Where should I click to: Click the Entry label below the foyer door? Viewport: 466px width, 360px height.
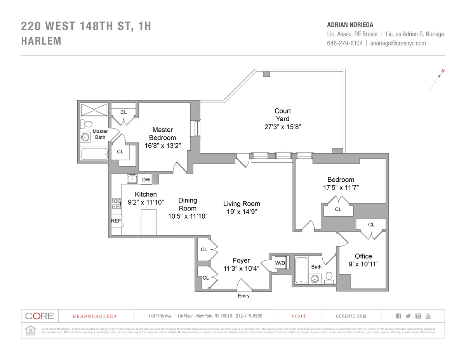(x=243, y=296)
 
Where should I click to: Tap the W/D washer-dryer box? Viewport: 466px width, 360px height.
(x=280, y=263)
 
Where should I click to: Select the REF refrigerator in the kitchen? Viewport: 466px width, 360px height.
(x=116, y=221)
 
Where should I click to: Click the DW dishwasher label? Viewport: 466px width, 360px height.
(x=146, y=179)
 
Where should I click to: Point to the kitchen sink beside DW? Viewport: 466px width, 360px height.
(x=132, y=179)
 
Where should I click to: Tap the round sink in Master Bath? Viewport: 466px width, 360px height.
(x=85, y=137)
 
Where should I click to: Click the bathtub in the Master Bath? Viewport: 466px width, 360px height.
(x=94, y=154)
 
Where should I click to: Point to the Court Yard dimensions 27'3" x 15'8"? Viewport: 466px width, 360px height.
(x=282, y=127)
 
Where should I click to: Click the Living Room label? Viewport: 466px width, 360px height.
(x=242, y=204)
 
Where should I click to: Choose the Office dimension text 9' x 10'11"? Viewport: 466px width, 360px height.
(x=363, y=264)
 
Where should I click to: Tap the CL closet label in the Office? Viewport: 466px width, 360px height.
(x=371, y=224)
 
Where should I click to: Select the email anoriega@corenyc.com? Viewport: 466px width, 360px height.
(x=398, y=43)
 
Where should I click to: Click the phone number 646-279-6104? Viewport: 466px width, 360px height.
(x=345, y=43)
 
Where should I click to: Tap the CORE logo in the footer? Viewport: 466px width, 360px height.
(x=40, y=316)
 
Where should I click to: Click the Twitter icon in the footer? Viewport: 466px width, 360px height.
(x=408, y=316)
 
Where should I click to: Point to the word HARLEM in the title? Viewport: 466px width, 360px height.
(x=41, y=41)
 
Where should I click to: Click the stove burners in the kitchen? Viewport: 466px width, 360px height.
(x=116, y=204)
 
